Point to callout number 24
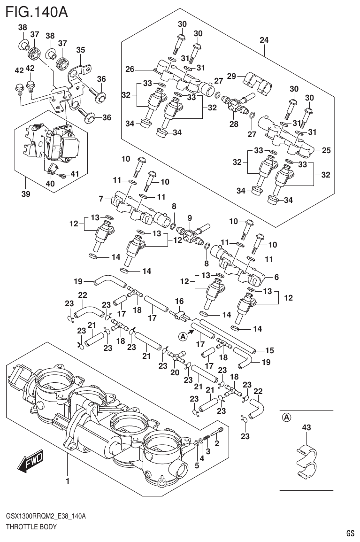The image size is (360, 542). coord(264,40)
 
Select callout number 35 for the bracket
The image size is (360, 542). coord(80,50)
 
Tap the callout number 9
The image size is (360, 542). coord(190,217)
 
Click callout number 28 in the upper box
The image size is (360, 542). coord(233,124)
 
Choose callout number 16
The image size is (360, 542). coord(179,301)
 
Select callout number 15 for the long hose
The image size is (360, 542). coord(269,350)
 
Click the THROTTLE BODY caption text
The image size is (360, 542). coord(31,527)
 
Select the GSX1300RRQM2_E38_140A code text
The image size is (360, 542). coord(45,516)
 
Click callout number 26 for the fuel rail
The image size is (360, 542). coord(130,70)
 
